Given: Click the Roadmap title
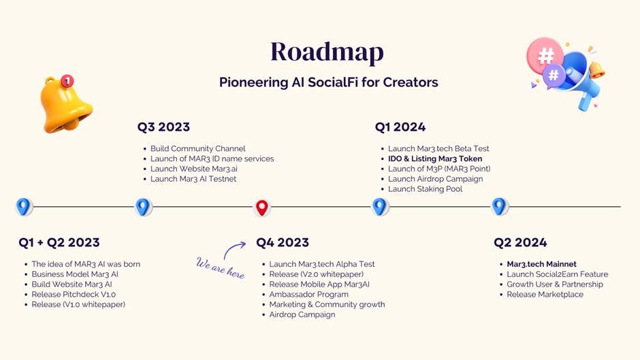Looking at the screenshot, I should pos(327,52).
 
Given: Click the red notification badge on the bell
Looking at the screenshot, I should pos(67,82).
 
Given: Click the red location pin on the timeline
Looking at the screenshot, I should pos(261,207).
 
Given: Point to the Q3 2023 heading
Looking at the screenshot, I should pos(163,127).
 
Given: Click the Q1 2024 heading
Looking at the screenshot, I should pos(400,127).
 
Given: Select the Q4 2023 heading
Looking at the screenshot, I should pos(282,243).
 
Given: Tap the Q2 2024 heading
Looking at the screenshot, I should pos(520,243).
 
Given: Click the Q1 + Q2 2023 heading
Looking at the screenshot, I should pos(59,243).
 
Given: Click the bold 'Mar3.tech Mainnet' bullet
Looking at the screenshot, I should pos(541,264).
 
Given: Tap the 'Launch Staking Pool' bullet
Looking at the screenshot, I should pos(425,189).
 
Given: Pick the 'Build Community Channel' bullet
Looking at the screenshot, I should pos(197,149).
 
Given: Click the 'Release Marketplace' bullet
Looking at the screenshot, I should pos(545,295).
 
